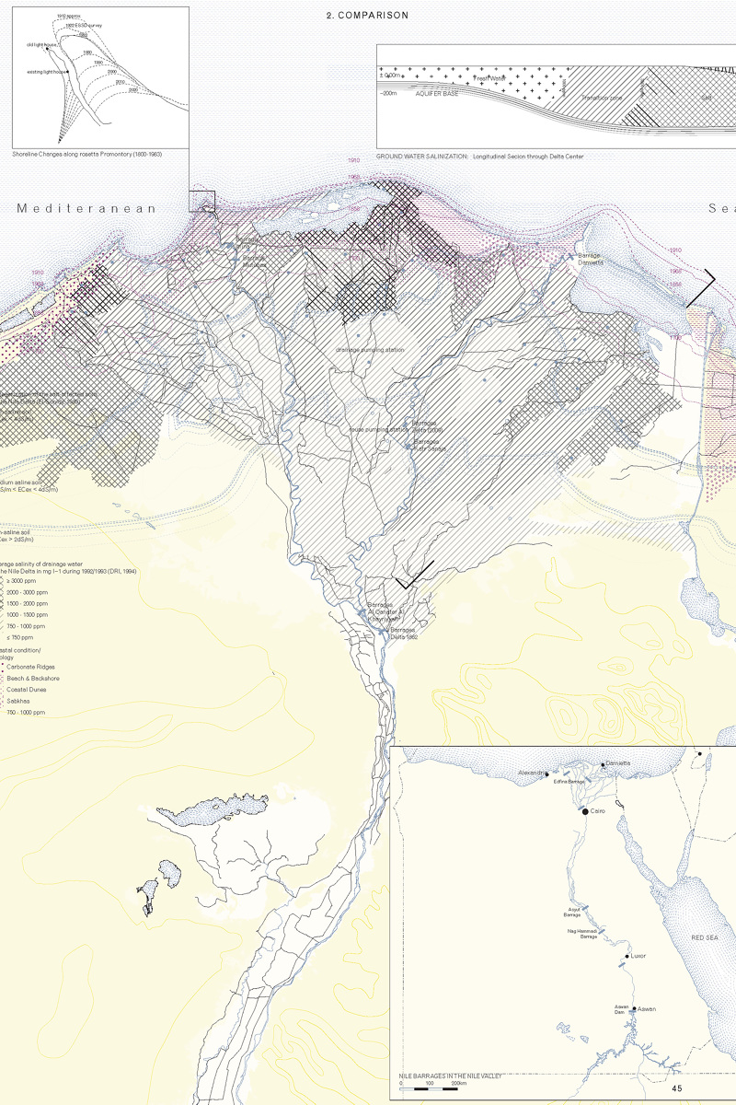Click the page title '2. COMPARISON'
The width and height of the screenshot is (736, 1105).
[x=367, y=16]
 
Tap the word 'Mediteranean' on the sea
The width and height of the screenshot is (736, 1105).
[x=86, y=209]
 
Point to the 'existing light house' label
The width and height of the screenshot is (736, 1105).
[x=49, y=71]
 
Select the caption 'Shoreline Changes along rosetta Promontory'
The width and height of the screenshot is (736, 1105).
[x=87, y=154]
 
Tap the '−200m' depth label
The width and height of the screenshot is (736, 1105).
[x=390, y=93]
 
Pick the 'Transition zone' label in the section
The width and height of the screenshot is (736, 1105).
[x=603, y=96]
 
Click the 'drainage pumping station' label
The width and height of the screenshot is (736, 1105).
[x=357, y=350]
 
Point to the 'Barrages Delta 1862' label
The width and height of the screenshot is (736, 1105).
[x=408, y=633]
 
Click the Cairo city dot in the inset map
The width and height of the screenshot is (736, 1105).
[x=585, y=811]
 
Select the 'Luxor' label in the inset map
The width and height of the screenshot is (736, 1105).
[x=638, y=956]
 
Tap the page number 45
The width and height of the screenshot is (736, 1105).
[x=677, y=1088]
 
